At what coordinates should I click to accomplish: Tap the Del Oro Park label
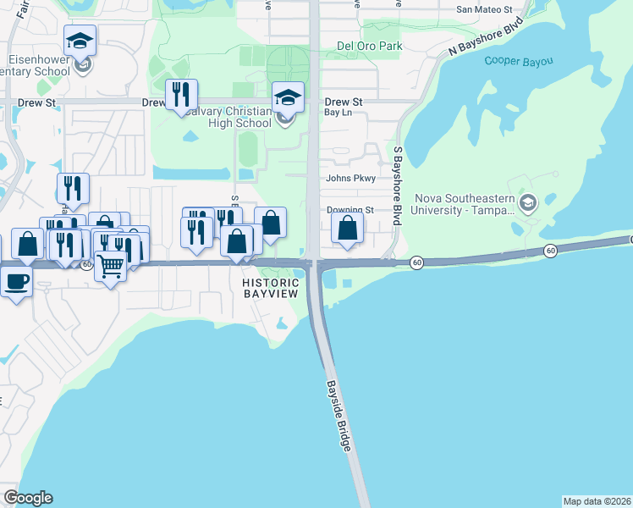pos(368,46)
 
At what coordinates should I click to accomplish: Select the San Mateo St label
pos(484,9)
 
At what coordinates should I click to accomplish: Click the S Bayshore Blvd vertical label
pos(397,185)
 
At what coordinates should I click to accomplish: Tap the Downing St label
pos(350,210)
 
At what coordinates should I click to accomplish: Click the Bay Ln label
pos(338,112)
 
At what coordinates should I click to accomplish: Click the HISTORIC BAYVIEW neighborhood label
pos(271,288)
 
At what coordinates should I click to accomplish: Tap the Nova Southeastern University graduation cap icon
pos(529,203)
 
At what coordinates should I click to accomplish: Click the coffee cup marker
pos(16,280)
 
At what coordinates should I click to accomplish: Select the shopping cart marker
pos(110,266)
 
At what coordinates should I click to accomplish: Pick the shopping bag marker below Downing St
pos(347,228)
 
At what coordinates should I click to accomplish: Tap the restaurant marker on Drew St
pos(180,95)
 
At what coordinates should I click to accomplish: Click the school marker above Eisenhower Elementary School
pos(80,40)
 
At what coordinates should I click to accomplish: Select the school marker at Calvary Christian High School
pos(287,97)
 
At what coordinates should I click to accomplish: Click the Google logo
pos(28,498)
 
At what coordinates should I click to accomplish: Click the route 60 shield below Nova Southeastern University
pos(550,251)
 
